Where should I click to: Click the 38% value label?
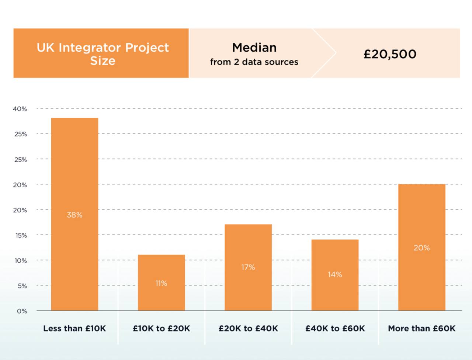(74, 215)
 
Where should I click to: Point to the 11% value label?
(161, 283)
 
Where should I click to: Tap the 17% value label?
(248, 267)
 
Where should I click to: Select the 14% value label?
(335, 274)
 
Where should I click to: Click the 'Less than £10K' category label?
(74, 328)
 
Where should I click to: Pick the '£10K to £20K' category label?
(161, 328)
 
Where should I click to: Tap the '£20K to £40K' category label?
(248, 328)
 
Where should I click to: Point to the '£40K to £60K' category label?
(335, 328)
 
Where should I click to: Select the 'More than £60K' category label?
(421, 328)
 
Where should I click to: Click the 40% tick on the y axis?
(20, 109)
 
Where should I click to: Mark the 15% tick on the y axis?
(21, 235)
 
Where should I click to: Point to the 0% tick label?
(22, 311)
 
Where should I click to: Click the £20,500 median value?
(390, 54)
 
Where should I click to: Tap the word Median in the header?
(254, 48)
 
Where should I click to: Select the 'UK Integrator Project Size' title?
(103, 54)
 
